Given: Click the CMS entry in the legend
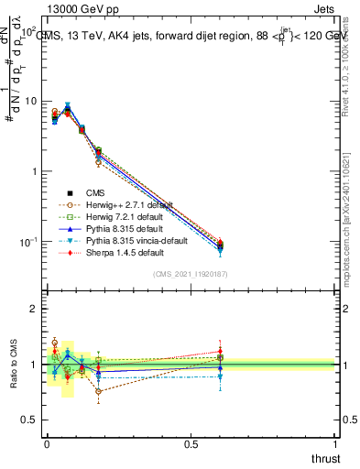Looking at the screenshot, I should click(x=97, y=192).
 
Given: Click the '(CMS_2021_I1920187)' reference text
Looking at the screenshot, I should click(x=191, y=275).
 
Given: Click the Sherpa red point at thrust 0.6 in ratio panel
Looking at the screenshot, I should click(x=220, y=351).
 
